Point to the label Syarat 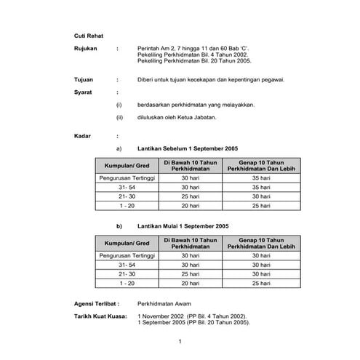pyautogui.click(x=84, y=92)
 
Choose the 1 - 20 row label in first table pyautogui.click(x=127, y=206)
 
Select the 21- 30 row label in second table pyautogui.click(x=127, y=274)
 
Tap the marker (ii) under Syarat pyautogui.click(x=119, y=117)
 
